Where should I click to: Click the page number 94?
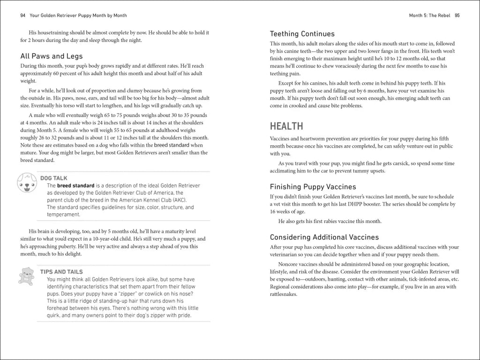pos(22,15)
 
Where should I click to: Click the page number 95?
pos(457,15)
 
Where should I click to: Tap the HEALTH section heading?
pos(286,126)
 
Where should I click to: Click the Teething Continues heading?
pos(302,34)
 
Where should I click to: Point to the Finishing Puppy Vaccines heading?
pos(313,187)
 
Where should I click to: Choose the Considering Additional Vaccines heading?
pos(324,237)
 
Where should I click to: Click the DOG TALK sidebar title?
pos(54,179)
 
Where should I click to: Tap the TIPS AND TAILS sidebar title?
pos(61,272)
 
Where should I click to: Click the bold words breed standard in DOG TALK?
pos(75,186)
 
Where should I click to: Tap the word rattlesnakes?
pos(284,294)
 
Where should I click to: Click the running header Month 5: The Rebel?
pos(430,15)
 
